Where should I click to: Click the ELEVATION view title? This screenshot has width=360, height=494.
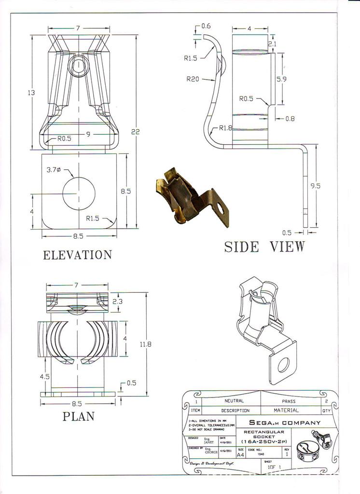[x=77, y=255]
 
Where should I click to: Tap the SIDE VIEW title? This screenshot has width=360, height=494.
[x=264, y=247]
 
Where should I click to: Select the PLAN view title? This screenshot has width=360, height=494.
[x=78, y=416]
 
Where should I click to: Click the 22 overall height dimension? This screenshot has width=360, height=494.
[x=135, y=131]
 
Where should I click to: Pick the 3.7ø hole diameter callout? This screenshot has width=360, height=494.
[x=54, y=170]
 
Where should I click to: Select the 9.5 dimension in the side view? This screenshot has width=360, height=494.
[x=315, y=185]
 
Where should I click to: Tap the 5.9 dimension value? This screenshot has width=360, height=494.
[x=282, y=80]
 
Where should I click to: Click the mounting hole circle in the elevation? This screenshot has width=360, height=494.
[x=79, y=193]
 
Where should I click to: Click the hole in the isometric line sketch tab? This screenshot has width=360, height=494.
[x=283, y=366]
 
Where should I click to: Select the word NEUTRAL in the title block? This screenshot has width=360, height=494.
[x=234, y=401]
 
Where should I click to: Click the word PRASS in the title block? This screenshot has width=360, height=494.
[x=289, y=401]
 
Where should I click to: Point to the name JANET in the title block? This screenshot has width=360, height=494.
[x=208, y=441]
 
